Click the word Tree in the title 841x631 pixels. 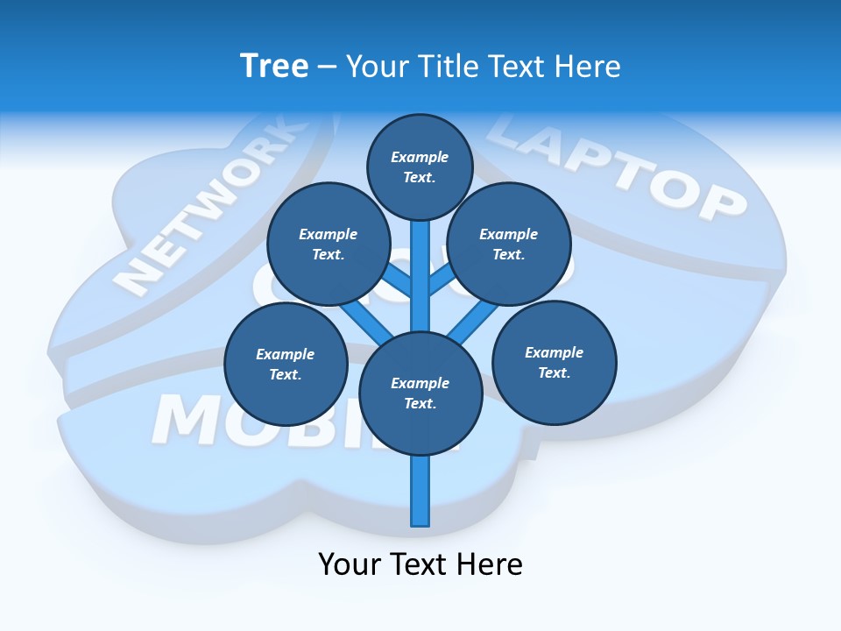tap(274, 67)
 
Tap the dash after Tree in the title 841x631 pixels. tap(327, 67)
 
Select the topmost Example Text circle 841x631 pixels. tap(420, 167)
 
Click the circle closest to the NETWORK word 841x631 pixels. tap(328, 244)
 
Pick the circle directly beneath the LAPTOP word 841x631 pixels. tap(508, 244)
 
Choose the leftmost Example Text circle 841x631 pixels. tap(286, 364)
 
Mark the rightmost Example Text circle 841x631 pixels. tap(554, 362)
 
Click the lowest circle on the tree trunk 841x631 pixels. tap(420, 393)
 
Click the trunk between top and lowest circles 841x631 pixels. tap(420, 276)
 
